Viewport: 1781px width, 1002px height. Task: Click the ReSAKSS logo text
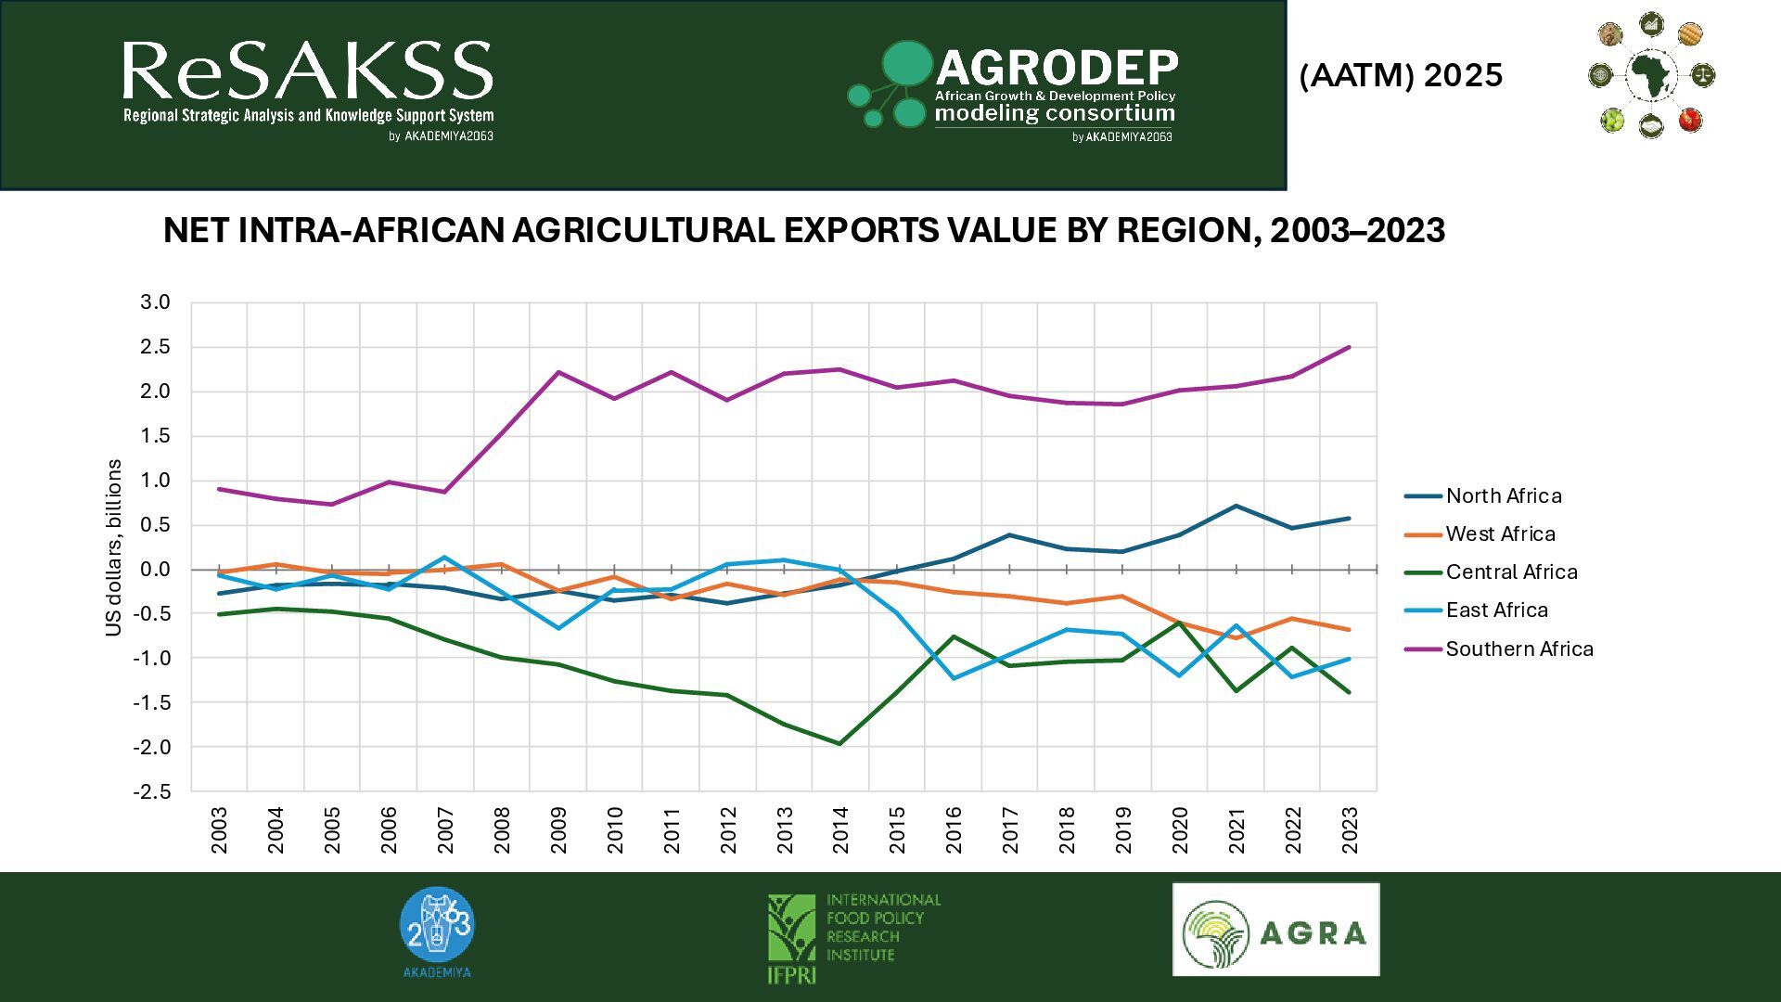click(307, 72)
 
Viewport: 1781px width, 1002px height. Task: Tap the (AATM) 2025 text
click(1401, 75)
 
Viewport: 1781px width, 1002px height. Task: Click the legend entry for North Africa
click(1503, 496)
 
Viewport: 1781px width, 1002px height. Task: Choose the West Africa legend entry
click(1500, 534)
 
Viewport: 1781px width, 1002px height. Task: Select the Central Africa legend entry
click(1511, 572)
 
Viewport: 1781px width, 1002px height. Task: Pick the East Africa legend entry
click(1496, 610)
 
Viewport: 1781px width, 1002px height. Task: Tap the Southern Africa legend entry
click(1518, 649)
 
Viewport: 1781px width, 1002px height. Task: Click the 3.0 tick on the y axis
click(155, 302)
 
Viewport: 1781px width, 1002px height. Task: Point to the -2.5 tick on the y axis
click(152, 792)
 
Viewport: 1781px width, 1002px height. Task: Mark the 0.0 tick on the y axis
click(155, 570)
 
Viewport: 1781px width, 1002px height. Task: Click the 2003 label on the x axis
click(220, 830)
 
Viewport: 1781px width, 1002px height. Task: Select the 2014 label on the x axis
click(841, 830)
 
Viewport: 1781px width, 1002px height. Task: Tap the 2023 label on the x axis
click(1350, 830)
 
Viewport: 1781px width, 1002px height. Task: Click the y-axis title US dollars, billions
click(114, 547)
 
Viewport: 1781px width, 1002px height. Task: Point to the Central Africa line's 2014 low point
click(839, 744)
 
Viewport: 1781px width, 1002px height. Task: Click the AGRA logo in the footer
click(1275, 930)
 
